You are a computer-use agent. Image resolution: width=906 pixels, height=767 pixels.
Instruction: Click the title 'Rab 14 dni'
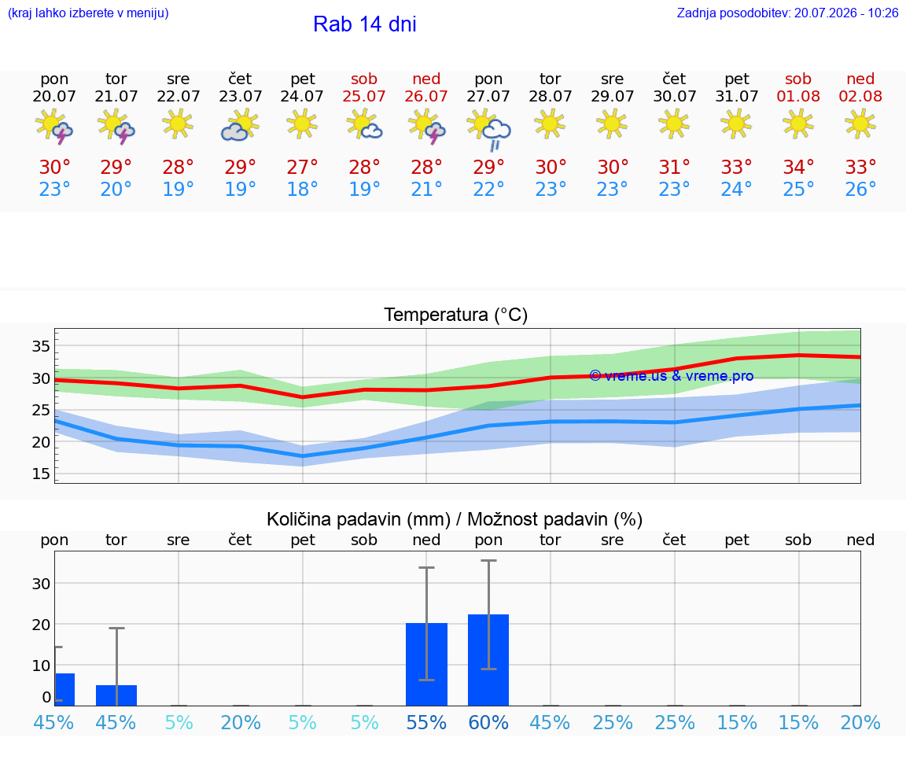click(365, 24)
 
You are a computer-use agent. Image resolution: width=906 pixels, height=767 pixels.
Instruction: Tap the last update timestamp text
click(787, 13)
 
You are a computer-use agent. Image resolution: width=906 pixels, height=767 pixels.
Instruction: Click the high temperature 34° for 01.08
click(798, 168)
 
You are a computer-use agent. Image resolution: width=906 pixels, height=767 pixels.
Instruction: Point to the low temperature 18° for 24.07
click(302, 189)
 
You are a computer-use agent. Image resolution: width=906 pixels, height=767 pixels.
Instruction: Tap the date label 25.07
click(364, 97)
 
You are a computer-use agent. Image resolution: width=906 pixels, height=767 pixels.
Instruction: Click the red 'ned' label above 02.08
click(860, 79)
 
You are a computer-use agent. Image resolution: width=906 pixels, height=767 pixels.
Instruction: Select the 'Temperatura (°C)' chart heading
click(456, 315)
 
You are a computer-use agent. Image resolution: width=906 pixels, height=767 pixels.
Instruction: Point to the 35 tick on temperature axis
click(41, 346)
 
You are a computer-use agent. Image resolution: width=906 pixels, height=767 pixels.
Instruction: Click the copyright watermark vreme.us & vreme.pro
click(672, 376)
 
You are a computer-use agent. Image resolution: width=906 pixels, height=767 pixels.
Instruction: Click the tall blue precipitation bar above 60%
click(488, 660)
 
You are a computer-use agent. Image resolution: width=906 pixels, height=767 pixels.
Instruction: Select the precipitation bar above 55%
click(426, 664)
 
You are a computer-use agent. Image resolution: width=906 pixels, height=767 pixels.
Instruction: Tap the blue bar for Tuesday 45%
click(116, 695)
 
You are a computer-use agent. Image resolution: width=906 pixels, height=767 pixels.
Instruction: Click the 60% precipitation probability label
click(488, 723)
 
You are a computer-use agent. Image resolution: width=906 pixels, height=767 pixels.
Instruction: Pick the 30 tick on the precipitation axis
click(41, 584)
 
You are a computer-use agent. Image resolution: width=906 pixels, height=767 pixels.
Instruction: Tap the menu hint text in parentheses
click(88, 13)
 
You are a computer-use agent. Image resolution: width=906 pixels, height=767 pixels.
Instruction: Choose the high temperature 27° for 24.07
click(302, 168)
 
